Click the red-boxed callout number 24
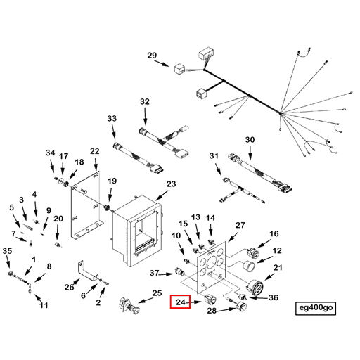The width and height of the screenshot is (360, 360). (181, 302)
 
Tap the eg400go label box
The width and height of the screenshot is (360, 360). (316, 308)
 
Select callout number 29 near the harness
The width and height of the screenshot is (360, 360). (152, 56)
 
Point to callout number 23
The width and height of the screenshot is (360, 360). (171, 184)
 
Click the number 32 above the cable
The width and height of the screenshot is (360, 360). (145, 102)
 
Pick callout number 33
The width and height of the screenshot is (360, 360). (112, 119)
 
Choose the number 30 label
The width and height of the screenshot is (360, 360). (250, 140)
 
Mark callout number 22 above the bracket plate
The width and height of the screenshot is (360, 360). (95, 151)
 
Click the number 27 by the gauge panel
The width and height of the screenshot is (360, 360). (240, 225)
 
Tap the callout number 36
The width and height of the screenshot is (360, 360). (274, 297)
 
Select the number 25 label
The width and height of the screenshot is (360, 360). (157, 293)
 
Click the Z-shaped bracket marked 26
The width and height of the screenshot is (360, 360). (87, 270)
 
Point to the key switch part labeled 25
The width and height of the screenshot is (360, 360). (129, 305)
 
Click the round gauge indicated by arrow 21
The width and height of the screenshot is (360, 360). (255, 287)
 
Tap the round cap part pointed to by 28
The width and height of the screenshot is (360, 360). (241, 307)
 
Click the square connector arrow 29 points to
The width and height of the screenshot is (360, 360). (179, 69)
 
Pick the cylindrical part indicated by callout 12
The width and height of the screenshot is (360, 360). (250, 266)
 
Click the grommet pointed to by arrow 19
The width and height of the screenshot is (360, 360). (107, 207)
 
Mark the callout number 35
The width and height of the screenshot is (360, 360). (7, 251)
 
